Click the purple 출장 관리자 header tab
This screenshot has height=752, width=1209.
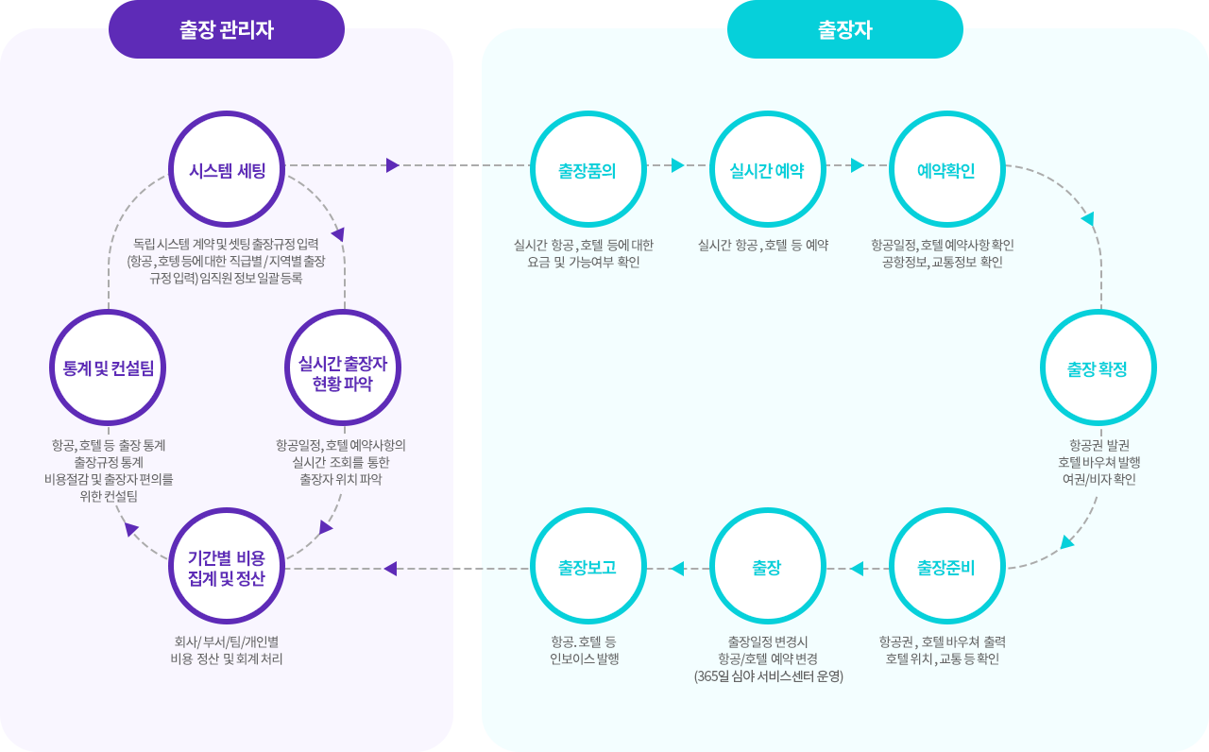coord(227,29)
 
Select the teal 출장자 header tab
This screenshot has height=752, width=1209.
coord(844,29)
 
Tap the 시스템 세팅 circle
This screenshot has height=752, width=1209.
coord(227,170)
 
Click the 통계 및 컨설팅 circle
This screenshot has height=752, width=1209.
coord(108,367)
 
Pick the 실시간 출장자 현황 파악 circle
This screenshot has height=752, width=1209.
coord(343,367)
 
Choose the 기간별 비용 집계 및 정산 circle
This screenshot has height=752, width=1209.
coord(227,566)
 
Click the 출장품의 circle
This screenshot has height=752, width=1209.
coord(587,170)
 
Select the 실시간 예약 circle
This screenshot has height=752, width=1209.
coord(767,170)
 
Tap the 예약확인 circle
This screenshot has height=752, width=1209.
coord(946,170)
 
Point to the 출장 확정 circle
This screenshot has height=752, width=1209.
coord(1098,367)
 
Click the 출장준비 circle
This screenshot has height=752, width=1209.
coord(946,567)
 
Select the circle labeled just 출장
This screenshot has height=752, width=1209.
coord(767,567)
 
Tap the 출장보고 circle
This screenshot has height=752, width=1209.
coord(587,567)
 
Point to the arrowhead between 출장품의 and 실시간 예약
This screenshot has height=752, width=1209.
coord(677,165)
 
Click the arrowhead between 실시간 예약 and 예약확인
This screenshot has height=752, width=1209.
coord(857,165)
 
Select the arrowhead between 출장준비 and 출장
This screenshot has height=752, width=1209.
coord(857,569)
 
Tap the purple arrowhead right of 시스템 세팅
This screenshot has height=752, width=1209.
coord(393,165)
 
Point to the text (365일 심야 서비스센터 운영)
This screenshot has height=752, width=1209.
coord(768,676)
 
